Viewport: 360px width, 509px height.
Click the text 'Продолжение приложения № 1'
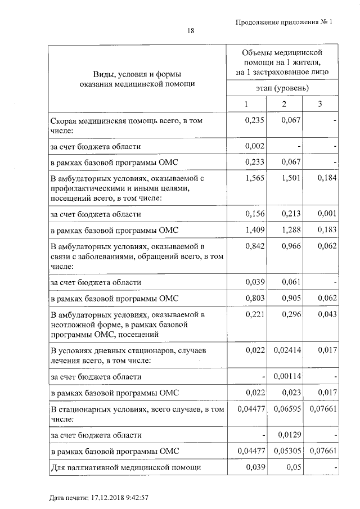(x=284, y=22)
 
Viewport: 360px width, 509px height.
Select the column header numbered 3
(x=319, y=105)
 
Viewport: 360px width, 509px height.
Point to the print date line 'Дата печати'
(x=98, y=498)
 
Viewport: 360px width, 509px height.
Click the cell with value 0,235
(x=255, y=121)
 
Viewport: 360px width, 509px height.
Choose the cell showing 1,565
(x=255, y=178)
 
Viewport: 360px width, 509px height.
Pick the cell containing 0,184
(x=326, y=178)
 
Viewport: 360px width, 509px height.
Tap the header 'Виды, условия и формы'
(x=137, y=74)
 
